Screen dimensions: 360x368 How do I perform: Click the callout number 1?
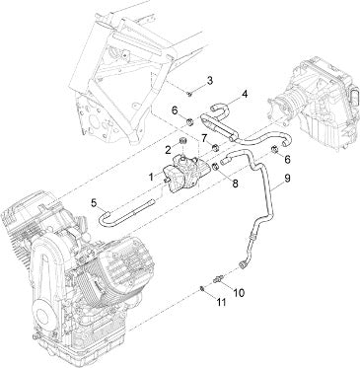pyautogui.click(x=151, y=177)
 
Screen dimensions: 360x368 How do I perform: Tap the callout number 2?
pyautogui.click(x=169, y=150)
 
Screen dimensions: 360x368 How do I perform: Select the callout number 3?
pyautogui.click(x=210, y=80)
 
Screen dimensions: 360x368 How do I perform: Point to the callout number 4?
pyautogui.click(x=244, y=95)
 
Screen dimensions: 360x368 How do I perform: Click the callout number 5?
pyautogui.click(x=95, y=203)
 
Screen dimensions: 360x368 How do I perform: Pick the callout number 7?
pyautogui.click(x=204, y=138)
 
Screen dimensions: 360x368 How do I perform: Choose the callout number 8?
pyautogui.click(x=235, y=184)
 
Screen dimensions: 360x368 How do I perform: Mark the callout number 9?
pyautogui.click(x=287, y=179)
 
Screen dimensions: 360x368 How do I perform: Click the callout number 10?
pyautogui.click(x=239, y=292)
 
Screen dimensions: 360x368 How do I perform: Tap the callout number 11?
pyautogui.click(x=221, y=302)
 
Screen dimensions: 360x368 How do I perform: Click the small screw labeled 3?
pyautogui.click(x=189, y=95)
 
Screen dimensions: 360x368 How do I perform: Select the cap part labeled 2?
pyautogui.click(x=182, y=142)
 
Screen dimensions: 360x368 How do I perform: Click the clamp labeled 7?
pyautogui.click(x=215, y=148)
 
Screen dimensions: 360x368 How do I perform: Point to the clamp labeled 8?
pyautogui.click(x=215, y=167)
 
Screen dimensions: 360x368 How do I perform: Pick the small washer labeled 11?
pyautogui.click(x=202, y=289)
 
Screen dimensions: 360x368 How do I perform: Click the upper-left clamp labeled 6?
pyautogui.click(x=189, y=122)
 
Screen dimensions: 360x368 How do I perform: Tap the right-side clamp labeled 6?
pyautogui.click(x=274, y=150)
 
